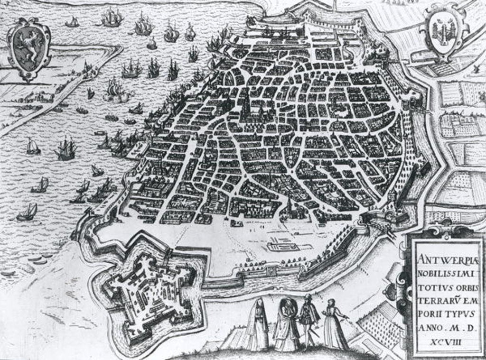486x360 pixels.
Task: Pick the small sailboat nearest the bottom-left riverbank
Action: (27, 212)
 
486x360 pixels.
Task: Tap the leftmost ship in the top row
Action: (72, 22)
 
